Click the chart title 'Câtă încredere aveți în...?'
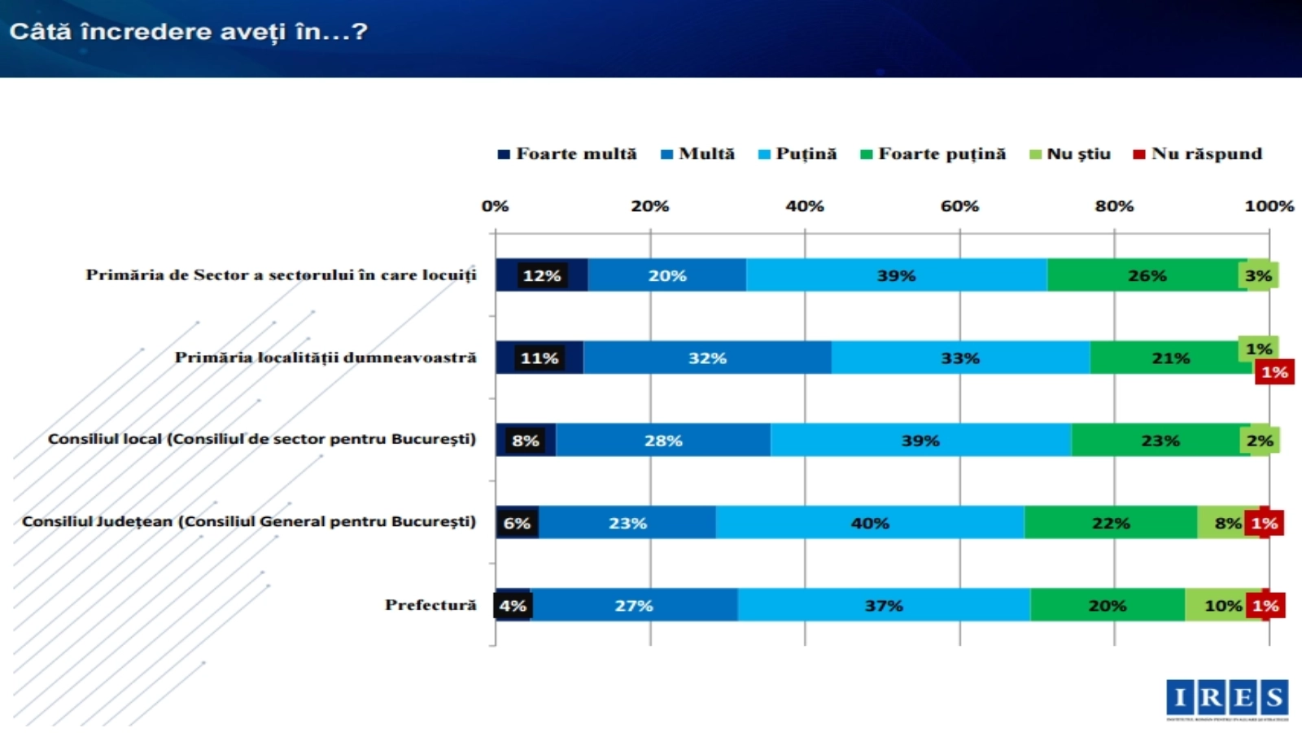point(188,32)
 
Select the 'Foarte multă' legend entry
point(567,154)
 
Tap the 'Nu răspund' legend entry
point(1198,154)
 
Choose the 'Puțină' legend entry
point(797,154)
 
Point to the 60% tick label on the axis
point(959,206)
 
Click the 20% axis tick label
point(649,206)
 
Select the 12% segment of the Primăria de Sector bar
point(542,275)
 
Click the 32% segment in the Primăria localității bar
point(707,358)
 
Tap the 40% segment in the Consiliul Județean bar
point(870,523)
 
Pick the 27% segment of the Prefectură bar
point(634,605)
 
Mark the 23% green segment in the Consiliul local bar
point(1160,441)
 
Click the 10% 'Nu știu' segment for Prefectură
point(1222,605)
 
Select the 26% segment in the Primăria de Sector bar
point(1147,275)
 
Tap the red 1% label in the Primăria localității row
point(1274,372)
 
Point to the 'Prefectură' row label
point(430,604)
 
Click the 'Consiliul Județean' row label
point(248,521)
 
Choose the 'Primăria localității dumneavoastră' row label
point(325,357)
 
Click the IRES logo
point(1227,699)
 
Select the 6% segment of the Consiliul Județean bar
point(517,523)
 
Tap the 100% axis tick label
point(1269,206)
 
